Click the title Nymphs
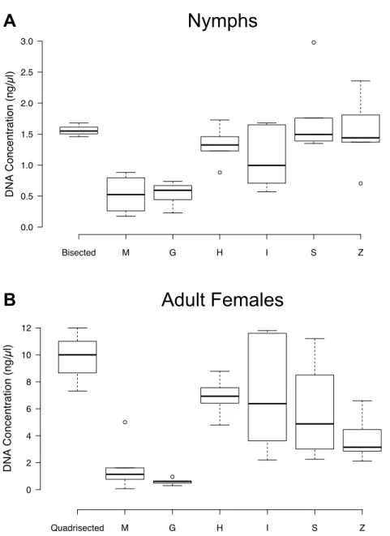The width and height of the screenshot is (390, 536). pos(222,21)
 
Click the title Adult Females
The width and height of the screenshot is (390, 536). pos(222,299)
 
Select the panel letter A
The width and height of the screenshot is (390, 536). pos(10,21)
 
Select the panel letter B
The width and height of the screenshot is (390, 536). pos(10,300)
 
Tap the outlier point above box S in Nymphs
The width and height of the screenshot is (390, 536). pos(314,42)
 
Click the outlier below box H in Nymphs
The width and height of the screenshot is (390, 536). pos(220,172)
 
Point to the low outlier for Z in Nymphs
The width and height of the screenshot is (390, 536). pos(361,183)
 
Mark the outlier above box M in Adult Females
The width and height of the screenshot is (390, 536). pos(125,422)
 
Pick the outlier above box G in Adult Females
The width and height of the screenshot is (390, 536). pos(172,477)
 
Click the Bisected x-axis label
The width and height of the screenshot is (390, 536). pos(79,253)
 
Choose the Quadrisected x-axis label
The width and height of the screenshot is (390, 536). pos(77,528)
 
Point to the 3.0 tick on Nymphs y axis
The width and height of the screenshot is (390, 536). pos(40,41)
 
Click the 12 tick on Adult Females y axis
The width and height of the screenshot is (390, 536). pos(38,328)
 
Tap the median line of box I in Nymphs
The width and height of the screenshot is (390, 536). pos(267,165)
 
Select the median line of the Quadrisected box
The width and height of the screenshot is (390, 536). pos(77,355)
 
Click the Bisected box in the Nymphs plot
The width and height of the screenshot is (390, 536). pos(79,131)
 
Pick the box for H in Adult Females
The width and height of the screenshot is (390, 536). pos(220,396)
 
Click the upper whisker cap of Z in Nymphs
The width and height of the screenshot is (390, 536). pos(361,80)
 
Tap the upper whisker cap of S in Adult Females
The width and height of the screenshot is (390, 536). pos(315,338)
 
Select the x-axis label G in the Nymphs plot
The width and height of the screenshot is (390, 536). pos(173,253)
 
